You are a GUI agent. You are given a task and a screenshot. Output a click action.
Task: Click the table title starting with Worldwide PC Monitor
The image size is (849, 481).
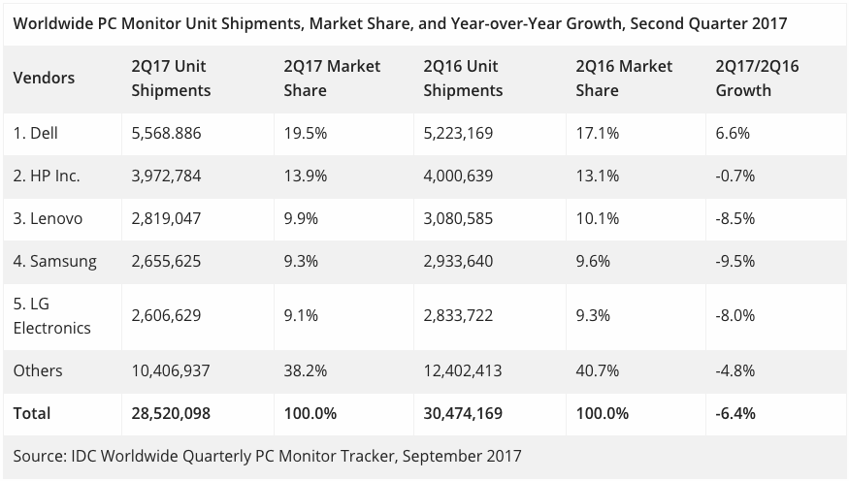point(400,22)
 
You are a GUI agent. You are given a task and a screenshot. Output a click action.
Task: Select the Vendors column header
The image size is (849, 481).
point(44,79)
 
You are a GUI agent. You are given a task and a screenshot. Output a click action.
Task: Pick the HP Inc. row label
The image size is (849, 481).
point(47,176)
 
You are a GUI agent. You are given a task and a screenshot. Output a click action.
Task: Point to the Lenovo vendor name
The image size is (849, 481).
point(48,218)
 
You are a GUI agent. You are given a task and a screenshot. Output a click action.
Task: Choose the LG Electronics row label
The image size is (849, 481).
point(51,316)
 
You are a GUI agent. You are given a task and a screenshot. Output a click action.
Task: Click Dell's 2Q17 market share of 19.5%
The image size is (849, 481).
point(305,133)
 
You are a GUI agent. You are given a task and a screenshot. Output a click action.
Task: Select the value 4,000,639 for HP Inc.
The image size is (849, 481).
point(464,176)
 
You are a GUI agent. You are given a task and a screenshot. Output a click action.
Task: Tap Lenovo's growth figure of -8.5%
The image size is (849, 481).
point(734,218)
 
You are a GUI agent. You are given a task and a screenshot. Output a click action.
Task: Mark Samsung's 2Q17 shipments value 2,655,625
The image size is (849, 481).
point(167,261)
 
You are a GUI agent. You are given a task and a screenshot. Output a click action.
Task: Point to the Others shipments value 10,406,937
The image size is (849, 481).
point(171,370)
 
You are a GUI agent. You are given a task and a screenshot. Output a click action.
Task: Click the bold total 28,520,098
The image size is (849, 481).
point(171,413)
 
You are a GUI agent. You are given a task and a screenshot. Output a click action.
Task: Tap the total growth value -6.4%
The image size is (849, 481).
point(735,413)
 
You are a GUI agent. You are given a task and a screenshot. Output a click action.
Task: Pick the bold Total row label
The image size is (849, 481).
point(32,413)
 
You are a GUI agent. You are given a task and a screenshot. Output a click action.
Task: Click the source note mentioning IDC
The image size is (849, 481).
point(268,455)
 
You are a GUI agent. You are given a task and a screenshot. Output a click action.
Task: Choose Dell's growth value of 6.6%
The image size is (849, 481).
point(733,133)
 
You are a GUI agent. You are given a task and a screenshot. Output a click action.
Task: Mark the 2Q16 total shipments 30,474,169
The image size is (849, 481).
point(464,413)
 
